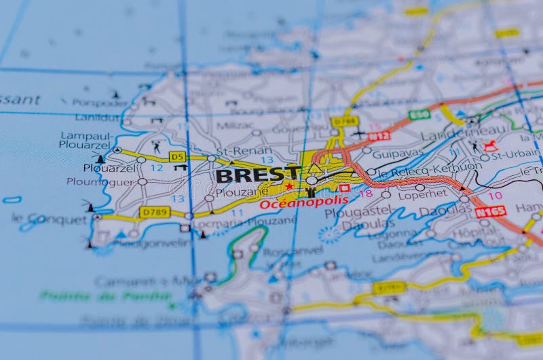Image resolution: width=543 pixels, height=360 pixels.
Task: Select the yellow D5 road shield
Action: coord(177,156)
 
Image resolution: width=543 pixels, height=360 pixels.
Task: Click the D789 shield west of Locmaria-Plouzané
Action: coord(155,212)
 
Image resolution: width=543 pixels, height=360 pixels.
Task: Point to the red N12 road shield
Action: coord(379,136)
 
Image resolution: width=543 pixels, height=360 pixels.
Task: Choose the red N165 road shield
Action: coord(490,212)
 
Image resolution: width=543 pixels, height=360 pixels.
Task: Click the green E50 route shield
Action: coord(419,115)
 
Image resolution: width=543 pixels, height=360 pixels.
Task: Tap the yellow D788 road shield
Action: coord(344,122)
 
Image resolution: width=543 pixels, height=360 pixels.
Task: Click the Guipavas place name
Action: coord(398,154)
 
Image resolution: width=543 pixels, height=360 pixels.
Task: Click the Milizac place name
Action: coord(235,126)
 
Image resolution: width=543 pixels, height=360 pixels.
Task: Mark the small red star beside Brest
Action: coord(290,185)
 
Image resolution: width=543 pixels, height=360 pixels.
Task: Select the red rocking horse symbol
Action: coord(490,145)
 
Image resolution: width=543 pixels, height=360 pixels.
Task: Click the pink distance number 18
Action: coord(366,194)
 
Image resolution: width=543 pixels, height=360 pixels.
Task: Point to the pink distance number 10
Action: coord(495,196)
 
